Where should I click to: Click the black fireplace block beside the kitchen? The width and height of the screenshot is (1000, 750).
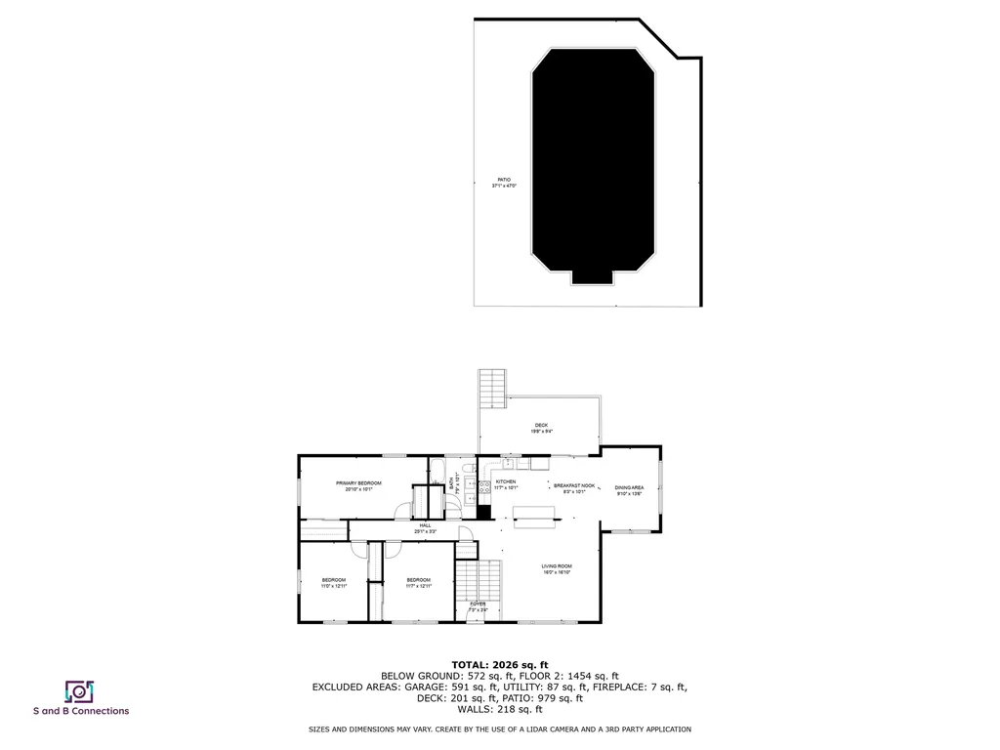482,512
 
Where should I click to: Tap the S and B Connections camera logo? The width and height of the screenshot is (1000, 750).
79,691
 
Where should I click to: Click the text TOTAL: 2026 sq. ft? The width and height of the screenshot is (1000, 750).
499,664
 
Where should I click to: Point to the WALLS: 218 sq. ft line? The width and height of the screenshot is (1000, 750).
499,710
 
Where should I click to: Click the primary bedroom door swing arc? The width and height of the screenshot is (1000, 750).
402,510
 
